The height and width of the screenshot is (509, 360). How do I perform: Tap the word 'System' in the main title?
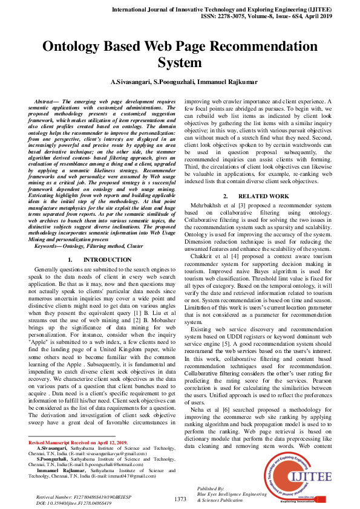[180, 62]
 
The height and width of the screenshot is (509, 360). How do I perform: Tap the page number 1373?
[180, 499]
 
